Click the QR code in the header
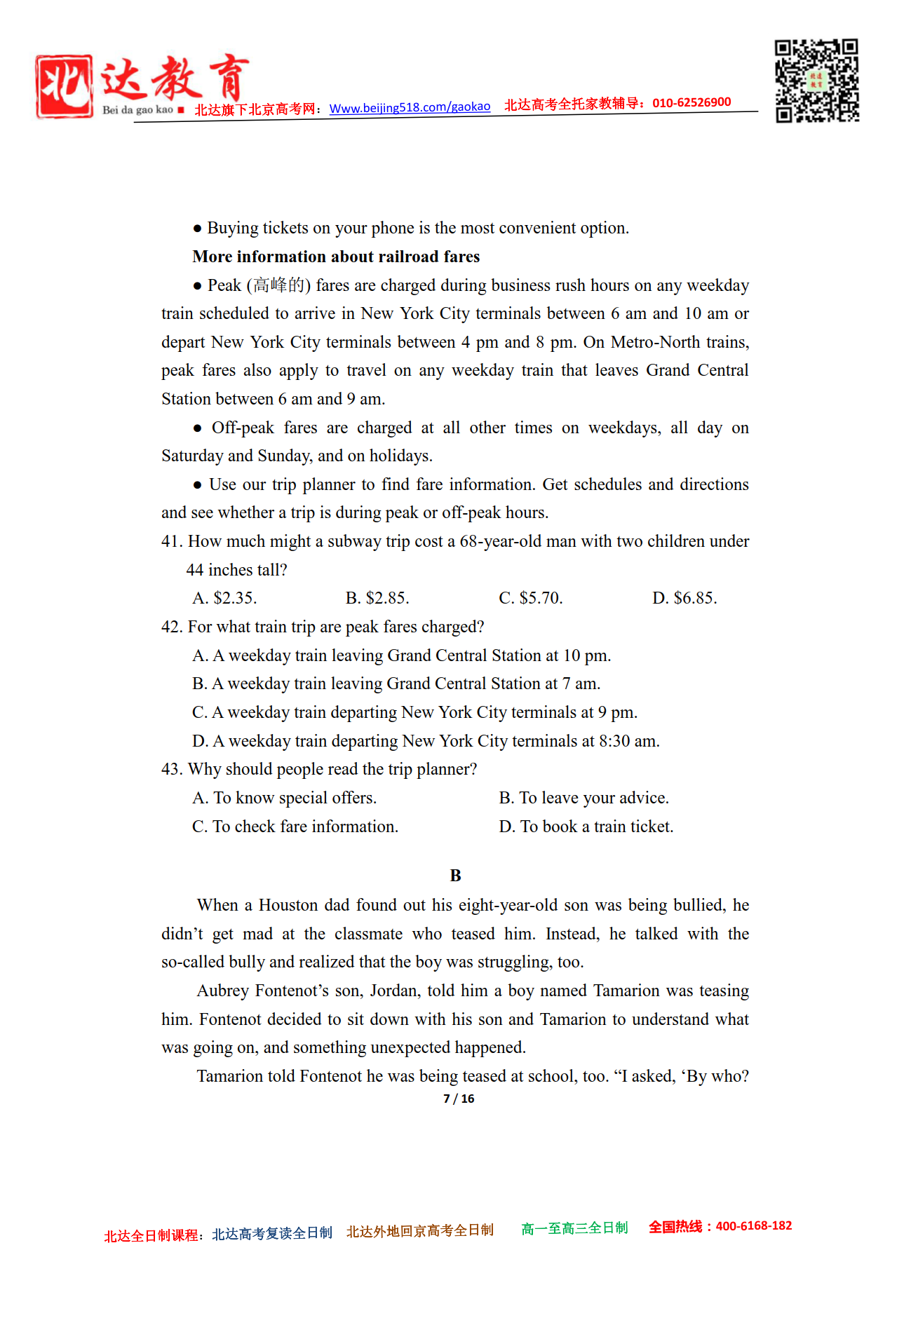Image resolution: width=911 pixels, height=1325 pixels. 816,81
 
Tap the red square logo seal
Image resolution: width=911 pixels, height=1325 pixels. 64,86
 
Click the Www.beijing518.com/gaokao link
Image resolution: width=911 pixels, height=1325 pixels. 410,107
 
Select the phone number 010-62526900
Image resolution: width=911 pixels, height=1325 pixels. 691,102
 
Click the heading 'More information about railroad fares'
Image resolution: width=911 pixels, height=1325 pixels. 336,257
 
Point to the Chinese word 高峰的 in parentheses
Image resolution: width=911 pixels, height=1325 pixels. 278,285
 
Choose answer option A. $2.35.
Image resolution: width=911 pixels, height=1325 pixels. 224,598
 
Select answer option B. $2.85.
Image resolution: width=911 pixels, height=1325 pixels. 377,598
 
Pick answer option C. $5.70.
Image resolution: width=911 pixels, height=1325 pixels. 531,598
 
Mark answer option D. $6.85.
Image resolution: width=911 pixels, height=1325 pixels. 684,598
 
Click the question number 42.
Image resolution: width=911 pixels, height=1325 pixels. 171,627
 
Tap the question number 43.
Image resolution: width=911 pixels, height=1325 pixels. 171,769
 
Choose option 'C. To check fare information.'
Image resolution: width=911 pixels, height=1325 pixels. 295,827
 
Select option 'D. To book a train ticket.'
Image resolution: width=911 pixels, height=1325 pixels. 586,827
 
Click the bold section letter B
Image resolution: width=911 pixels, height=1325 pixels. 455,876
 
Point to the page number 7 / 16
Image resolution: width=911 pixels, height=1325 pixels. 459,1099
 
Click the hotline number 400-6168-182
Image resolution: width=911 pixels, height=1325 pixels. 753,1226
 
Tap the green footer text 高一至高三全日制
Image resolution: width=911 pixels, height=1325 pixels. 574,1228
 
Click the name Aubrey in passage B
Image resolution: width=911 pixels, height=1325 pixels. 223,991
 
